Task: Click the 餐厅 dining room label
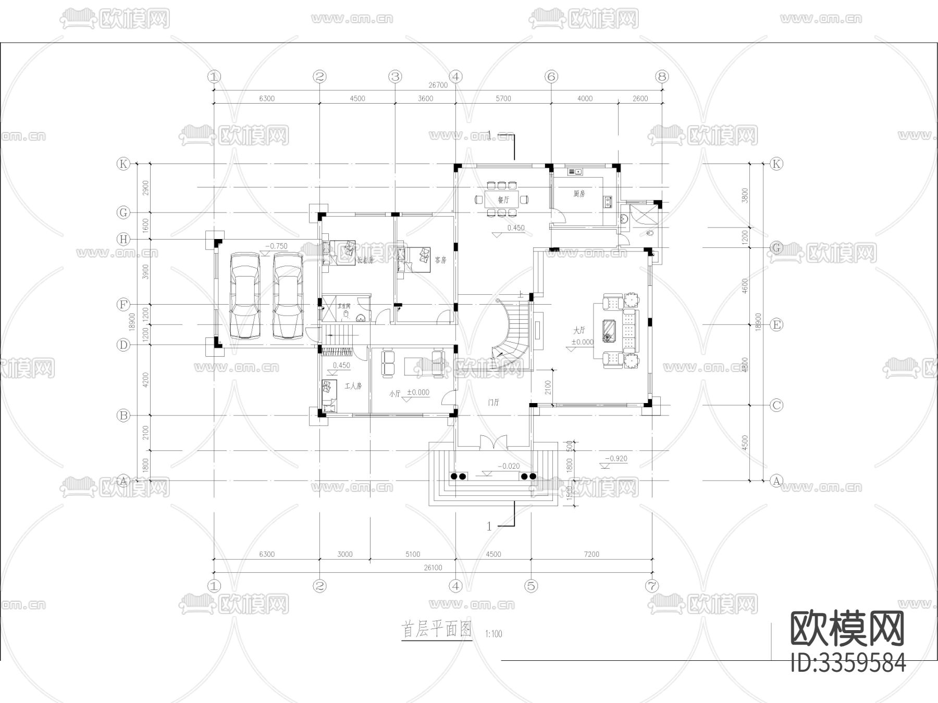click(503, 199)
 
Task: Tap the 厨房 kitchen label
click(579, 194)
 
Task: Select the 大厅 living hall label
click(579, 330)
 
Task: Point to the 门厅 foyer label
click(493, 403)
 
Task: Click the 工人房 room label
click(353, 386)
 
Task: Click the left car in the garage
click(244, 295)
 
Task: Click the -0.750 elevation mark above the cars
click(276, 246)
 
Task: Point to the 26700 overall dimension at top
click(438, 85)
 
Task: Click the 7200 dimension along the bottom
click(591, 554)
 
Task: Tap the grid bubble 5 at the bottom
click(531, 586)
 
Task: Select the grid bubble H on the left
click(124, 240)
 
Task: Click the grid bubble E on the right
click(776, 325)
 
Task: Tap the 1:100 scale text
click(493, 634)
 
